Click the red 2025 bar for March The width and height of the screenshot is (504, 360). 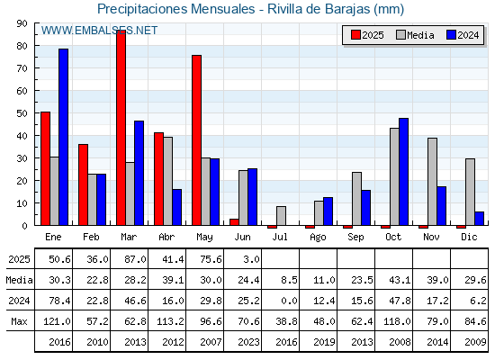(x=121, y=128)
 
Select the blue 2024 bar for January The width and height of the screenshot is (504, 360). (x=63, y=137)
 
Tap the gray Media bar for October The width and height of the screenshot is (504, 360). (x=394, y=176)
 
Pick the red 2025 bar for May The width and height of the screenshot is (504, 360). (x=197, y=140)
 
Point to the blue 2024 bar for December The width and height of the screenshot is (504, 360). (x=479, y=218)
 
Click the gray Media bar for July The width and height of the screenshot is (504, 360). (x=281, y=216)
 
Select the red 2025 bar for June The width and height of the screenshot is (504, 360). (x=234, y=222)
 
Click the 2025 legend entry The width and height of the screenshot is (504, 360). (x=367, y=35)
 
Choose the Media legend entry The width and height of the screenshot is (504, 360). (x=415, y=35)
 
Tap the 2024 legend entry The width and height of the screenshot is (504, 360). (x=463, y=35)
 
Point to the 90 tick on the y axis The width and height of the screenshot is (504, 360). (x=22, y=23)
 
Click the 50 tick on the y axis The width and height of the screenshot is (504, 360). (x=22, y=113)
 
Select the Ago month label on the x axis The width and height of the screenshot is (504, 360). (x=318, y=238)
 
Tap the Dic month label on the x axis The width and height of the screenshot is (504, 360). (x=469, y=237)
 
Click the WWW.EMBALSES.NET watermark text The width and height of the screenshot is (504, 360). (x=99, y=31)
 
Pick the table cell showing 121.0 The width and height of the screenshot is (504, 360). (x=57, y=321)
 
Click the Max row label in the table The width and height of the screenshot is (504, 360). (x=19, y=321)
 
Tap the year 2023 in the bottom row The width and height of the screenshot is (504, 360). (x=248, y=342)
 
